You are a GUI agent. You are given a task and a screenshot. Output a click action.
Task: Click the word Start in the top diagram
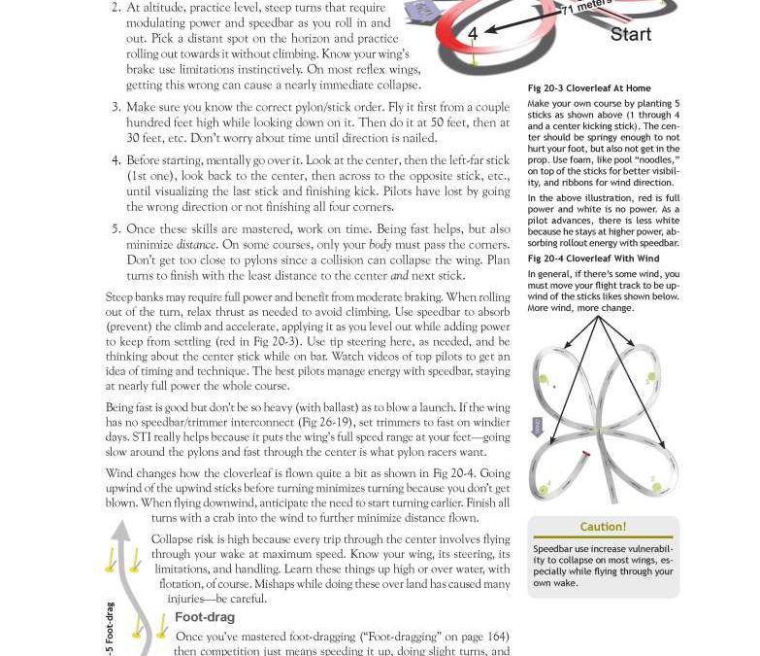coord(630,34)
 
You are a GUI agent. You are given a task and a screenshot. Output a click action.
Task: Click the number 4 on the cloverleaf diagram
coord(473,34)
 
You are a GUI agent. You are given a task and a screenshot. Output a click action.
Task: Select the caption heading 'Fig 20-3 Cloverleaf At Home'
coord(589,88)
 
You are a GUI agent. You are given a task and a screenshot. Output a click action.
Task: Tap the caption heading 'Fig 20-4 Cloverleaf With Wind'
coord(593,259)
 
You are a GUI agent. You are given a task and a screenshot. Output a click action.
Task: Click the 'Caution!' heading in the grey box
coord(603,527)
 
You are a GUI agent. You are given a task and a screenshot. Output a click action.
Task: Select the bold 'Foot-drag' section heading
coord(204,617)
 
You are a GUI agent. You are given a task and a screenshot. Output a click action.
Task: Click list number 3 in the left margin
coord(116,108)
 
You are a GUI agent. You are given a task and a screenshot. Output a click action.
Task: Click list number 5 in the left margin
coord(116,230)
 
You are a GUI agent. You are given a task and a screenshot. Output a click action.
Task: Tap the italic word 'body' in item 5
coord(381,246)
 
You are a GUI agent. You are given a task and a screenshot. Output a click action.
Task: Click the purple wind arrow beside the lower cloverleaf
coord(537,426)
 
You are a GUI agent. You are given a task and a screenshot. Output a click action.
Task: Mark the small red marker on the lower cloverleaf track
coord(585,454)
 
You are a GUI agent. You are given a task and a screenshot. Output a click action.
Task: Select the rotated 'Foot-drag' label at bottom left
coord(109,627)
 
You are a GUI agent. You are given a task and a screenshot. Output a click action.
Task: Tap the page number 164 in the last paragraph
coord(496,638)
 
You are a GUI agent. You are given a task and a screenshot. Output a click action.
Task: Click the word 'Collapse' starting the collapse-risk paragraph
coord(172,539)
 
